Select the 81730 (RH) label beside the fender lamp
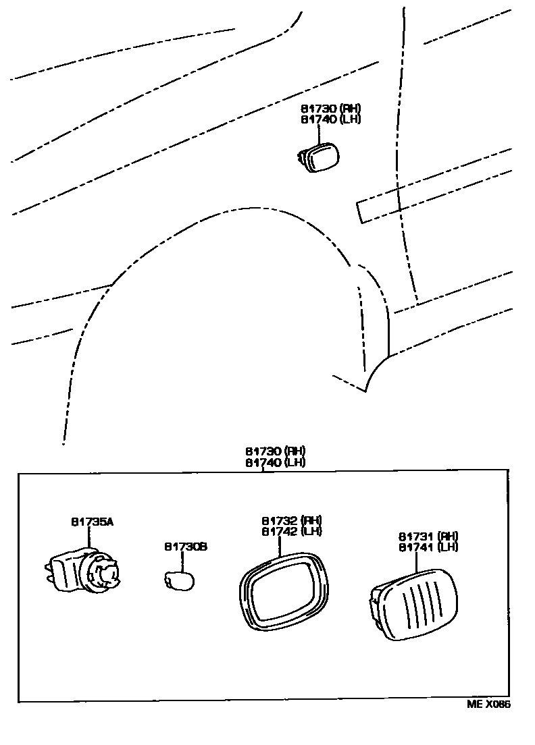click(x=331, y=109)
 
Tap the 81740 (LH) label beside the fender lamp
click(x=331, y=119)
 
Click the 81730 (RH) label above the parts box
click(x=276, y=451)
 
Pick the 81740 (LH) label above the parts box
click(x=276, y=462)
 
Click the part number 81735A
click(x=92, y=522)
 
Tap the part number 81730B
click(x=185, y=547)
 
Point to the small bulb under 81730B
click(x=180, y=580)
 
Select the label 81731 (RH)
click(x=428, y=536)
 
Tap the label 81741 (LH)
click(x=428, y=547)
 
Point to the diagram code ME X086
click(x=488, y=705)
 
